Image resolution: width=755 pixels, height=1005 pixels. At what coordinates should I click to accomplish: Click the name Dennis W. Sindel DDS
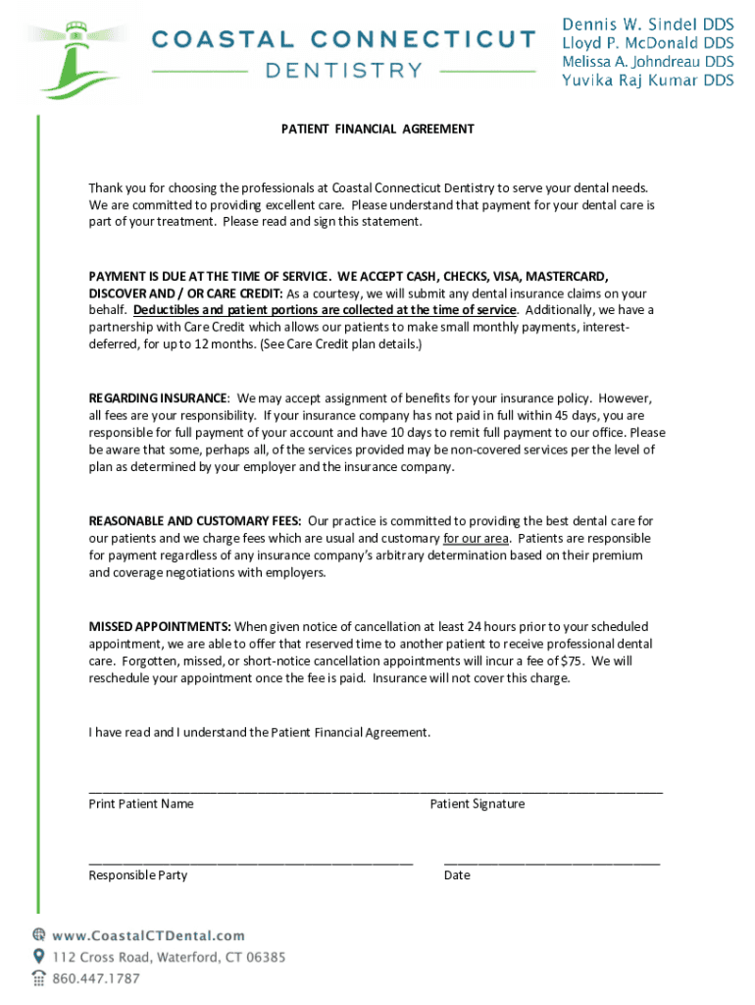(x=647, y=23)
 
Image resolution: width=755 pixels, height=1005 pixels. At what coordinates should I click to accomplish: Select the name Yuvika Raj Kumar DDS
(x=647, y=80)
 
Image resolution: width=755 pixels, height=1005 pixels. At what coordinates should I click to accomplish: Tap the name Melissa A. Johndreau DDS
(x=647, y=61)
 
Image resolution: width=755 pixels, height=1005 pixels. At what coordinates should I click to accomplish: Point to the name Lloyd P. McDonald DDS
(x=647, y=42)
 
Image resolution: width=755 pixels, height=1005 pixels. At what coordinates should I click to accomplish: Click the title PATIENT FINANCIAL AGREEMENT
(x=377, y=129)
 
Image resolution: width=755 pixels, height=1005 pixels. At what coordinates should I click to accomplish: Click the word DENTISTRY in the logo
(x=344, y=71)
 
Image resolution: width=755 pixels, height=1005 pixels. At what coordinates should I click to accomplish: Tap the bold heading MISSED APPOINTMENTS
(x=160, y=626)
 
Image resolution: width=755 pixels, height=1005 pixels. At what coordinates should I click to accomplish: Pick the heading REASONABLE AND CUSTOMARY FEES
(x=195, y=521)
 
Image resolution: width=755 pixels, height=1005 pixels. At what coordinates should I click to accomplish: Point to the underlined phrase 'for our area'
(x=477, y=539)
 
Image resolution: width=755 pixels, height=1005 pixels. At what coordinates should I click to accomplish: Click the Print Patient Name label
(x=141, y=804)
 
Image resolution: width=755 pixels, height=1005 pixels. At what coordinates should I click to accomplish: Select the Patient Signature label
(x=477, y=804)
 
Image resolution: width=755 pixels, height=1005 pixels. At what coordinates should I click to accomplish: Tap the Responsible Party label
(x=138, y=874)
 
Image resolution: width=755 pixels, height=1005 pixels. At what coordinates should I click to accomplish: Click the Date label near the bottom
(x=457, y=874)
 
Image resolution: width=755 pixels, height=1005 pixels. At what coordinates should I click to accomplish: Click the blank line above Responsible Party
(x=250, y=861)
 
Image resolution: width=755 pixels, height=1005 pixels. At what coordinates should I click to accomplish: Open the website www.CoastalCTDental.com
(x=148, y=936)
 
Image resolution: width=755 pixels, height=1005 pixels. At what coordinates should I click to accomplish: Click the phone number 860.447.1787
(x=96, y=979)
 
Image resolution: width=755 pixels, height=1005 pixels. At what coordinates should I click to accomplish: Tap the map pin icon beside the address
(x=38, y=956)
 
